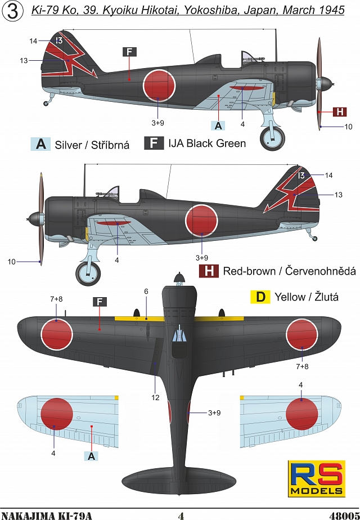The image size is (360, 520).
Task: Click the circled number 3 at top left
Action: pyautogui.click(x=13, y=11)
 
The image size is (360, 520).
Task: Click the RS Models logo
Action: pyautogui.click(x=317, y=478)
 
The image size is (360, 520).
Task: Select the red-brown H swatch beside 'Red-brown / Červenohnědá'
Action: pyautogui.click(x=209, y=271)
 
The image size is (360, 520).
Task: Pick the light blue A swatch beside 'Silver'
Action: pyautogui.click(x=40, y=144)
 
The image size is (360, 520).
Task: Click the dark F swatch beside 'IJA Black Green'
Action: pyautogui.click(x=154, y=143)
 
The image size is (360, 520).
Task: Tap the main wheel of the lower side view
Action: pyautogui.click(x=88, y=273)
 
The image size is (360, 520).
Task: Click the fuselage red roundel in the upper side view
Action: pyautogui.click(x=159, y=86)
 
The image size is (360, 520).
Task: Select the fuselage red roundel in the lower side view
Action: pyautogui.click(x=201, y=221)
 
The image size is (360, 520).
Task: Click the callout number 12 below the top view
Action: pyautogui.click(x=155, y=397)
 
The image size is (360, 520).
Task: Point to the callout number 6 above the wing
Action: pyautogui.click(x=146, y=292)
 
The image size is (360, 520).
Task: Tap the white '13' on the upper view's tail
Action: pyautogui.click(x=59, y=41)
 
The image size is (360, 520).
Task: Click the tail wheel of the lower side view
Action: pyautogui.click(x=315, y=239)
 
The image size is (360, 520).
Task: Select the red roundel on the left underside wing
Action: pyautogui.click(x=57, y=414)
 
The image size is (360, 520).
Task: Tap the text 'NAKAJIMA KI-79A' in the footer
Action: pyautogui.click(x=46, y=515)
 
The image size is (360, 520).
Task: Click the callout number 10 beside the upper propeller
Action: pyautogui.click(x=348, y=127)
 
